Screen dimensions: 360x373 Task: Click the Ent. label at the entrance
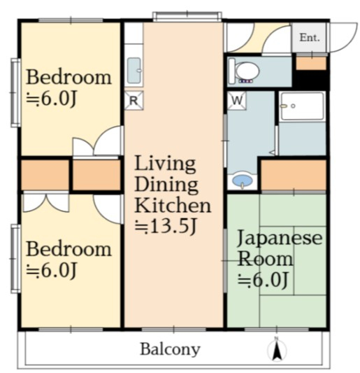310,38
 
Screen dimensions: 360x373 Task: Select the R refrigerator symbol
134,100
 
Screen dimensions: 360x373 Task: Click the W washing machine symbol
237,100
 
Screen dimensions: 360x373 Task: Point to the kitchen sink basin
134,71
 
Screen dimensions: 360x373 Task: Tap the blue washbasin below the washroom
242,181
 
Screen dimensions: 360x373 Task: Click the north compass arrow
277,350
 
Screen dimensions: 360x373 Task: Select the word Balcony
170,350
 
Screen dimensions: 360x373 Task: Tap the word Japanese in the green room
280,238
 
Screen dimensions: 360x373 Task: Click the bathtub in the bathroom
302,106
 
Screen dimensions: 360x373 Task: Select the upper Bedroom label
69,77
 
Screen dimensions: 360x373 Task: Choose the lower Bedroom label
69,249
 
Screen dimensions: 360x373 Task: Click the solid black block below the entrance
311,80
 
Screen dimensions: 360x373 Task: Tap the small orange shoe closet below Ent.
311,63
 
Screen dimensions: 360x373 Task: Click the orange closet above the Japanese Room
294,175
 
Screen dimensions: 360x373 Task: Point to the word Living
166,164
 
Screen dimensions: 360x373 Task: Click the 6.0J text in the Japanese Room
264,279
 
